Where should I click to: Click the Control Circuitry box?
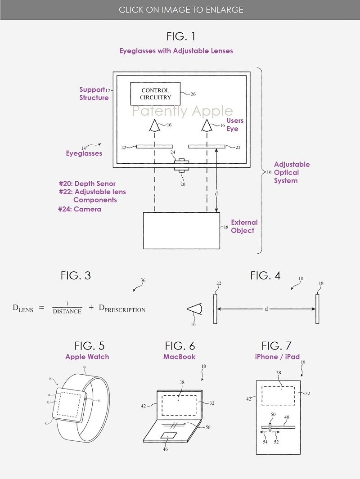pyautogui.click(x=155, y=94)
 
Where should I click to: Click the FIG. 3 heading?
pyautogui.click(x=76, y=276)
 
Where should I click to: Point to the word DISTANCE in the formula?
pyautogui.click(x=67, y=311)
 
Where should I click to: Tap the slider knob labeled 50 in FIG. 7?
pyautogui.click(x=269, y=426)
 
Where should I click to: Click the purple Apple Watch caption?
pyautogui.click(x=87, y=357)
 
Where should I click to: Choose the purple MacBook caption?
pyautogui.click(x=180, y=357)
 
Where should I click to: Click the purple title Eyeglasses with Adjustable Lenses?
pyautogui.click(x=176, y=51)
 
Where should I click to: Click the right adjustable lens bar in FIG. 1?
pyautogui.click(x=207, y=146)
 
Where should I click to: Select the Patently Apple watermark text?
pyautogui.click(x=182, y=111)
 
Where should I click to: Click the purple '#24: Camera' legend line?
pyautogui.click(x=80, y=209)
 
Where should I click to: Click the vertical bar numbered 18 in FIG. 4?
pyautogui.click(x=318, y=309)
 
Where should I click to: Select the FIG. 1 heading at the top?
pyautogui.click(x=180, y=36)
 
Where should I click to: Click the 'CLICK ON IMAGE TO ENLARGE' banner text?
pyautogui.click(x=180, y=9)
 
